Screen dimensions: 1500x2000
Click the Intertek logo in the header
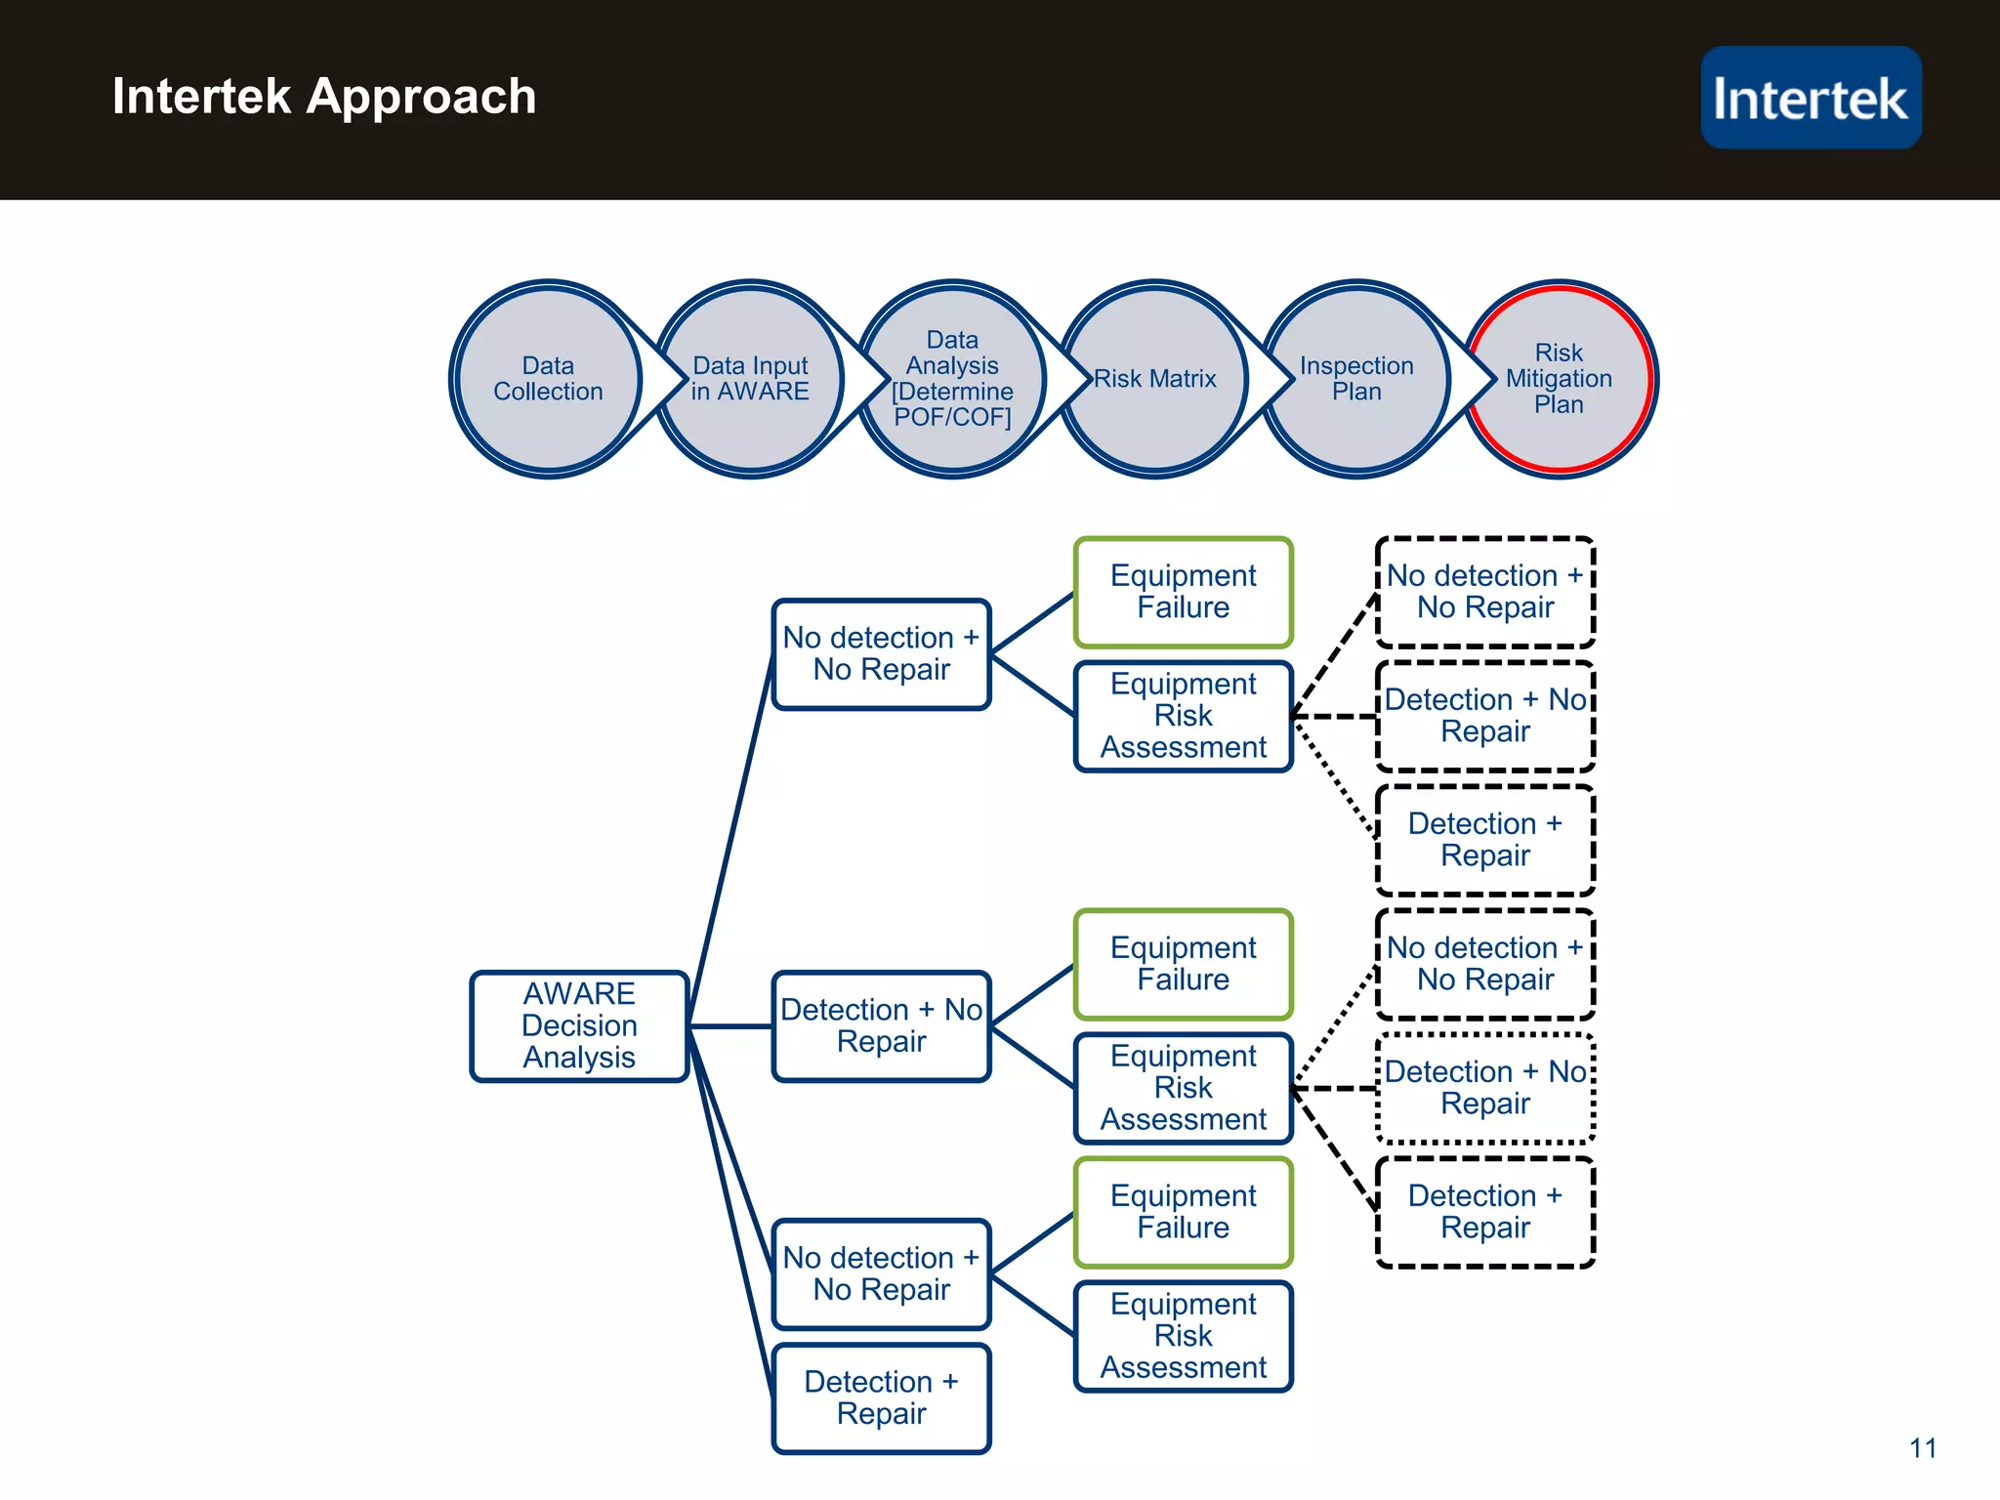(1811, 98)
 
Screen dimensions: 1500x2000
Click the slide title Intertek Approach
(324, 97)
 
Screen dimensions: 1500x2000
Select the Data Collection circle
(548, 379)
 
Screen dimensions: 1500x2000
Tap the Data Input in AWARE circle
(750, 379)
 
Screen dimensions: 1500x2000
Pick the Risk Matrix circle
(1154, 379)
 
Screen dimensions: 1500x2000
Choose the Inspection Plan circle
(1356, 379)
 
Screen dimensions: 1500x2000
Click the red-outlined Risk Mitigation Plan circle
(1559, 379)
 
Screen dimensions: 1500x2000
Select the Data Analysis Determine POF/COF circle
(952, 379)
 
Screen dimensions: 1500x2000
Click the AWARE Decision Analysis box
(579, 1025)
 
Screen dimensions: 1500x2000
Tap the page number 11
(1923, 1448)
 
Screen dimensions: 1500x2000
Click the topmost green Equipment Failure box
(1183, 592)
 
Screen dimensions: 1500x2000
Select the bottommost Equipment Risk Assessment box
(1183, 1336)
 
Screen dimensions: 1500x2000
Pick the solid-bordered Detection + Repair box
(881, 1397)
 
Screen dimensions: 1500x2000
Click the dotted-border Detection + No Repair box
(1484, 1088)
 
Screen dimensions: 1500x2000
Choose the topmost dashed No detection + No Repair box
(1484, 592)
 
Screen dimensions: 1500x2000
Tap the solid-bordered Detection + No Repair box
(881, 1025)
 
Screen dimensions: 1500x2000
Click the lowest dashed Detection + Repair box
(1484, 1212)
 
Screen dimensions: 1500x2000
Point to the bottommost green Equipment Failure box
(1183, 1212)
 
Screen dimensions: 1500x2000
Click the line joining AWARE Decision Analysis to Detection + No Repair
(730, 1026)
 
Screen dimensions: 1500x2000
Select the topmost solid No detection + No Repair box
(881, 653)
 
